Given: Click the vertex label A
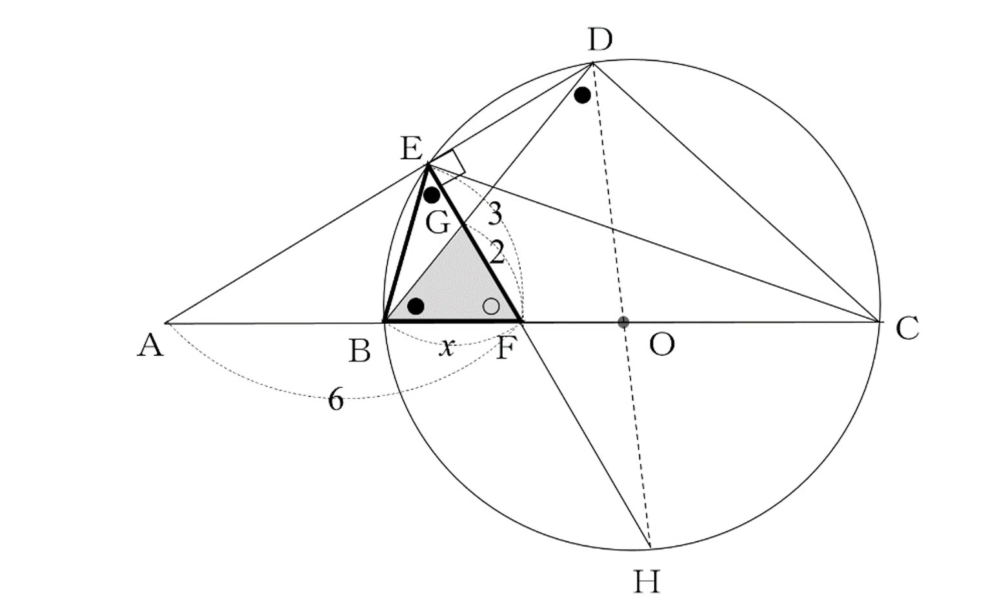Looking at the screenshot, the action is click(150, 344).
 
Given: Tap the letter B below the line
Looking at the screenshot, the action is click(359, 351).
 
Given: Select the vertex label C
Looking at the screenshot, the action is click(907, 328).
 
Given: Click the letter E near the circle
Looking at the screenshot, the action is click(412, 148).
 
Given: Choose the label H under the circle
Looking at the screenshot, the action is click(647, 582).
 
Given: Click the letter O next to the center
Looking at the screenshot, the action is click(661, 344).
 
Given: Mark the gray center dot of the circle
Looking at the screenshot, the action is click(623, 322).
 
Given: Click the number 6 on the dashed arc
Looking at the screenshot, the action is click(336, 400).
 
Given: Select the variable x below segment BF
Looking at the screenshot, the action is click(447, 348).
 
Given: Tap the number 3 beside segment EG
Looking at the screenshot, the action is click(495, 214).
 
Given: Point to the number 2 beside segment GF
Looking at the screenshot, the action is click(496, 253).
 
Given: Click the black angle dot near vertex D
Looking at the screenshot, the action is click(582, 95).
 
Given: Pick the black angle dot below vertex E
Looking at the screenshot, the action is click(431, 195).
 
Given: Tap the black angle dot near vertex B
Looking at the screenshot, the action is click(416, 306).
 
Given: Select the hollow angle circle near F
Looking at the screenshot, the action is click(491, 306).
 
